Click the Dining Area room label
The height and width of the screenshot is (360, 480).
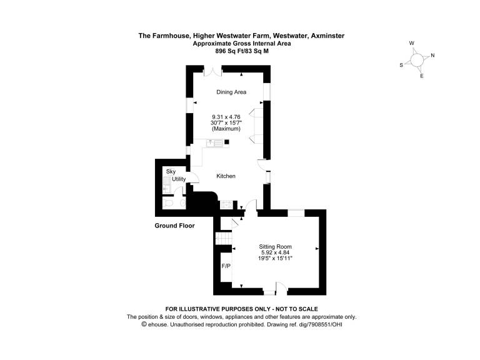(231, 92)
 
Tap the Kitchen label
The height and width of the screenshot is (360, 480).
(226, 176)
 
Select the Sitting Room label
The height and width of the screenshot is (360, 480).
(275, 246)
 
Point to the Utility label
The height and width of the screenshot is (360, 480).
(179, 179)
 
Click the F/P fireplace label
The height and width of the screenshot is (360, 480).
(226, 266)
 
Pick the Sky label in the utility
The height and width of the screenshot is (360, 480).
(171, 171)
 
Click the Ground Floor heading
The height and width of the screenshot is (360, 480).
(174, 226)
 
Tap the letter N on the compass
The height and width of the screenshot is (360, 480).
(432, 56)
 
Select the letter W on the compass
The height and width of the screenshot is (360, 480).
(412, 43)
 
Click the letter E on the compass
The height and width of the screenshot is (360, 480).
(421, 76)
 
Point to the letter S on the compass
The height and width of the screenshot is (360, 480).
(401, 65)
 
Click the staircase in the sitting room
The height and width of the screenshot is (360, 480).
(224, 238)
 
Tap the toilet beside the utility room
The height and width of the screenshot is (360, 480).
(167, 203)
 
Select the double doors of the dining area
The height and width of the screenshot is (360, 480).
(212, 72)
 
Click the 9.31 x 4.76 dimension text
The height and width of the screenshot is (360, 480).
(226, 117)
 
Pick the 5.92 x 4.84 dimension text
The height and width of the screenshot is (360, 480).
(275, 252)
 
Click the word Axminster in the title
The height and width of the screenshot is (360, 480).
(327, 36)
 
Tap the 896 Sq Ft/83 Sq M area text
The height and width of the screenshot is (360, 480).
(242, 51)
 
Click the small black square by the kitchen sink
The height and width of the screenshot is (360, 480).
(227, 142)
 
